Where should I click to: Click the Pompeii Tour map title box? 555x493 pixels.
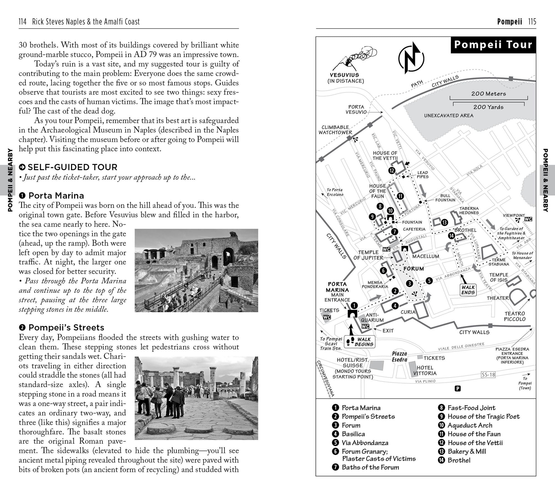click(x=493, y=45)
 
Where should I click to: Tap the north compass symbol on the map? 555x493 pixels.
click(x=411, y=58)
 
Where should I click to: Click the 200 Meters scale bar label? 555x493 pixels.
click(x=488, y=94)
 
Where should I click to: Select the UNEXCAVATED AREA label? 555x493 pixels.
click(x=449, y=116)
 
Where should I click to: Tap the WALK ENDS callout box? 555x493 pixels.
click(x=468, y=290)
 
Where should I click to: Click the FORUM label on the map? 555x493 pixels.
click(x=413, y=269)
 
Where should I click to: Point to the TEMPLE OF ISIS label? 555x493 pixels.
click(x=499, y=277)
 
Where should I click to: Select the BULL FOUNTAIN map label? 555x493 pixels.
click(x=445, y=198)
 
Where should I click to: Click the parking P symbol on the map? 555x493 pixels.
click(x=458, y=388)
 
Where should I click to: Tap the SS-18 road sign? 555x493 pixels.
click(x=488, y=375)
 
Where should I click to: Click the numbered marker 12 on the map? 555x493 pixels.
click(x=392, y=171)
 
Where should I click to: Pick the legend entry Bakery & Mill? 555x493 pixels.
click(x=467, y=451)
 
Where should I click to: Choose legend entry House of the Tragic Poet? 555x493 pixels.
click(x=483, y=416)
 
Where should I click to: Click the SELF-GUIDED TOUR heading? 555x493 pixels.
click(x=72, y=167)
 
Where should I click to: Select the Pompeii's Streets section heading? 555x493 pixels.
click(x=66, y=327)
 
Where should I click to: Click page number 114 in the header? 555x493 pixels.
click(x=22, y=22)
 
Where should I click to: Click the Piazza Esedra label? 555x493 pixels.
click(x=399, y=357)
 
